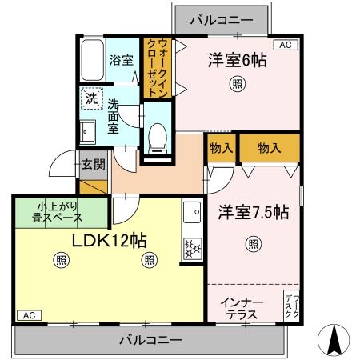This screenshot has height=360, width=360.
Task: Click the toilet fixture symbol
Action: pyautogui.click(x=158, y=137)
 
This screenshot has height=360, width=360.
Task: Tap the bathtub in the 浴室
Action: pyautogui.click(x=90, y=59)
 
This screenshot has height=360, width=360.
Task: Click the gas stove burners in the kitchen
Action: pyautogui.click(x=192, y=249)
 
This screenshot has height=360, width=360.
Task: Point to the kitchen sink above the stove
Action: pyautogui.click(x=191, y=214)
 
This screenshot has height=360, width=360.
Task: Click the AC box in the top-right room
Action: pyautogui.click(x=285, y=45)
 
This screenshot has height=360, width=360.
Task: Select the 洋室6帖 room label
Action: pyautogui.click(x=238, y=59)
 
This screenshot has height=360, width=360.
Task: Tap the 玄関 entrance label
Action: pyautogui.click(x=93, y=165)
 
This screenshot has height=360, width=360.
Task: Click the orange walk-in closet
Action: pyautogui.click(x=157, y=67)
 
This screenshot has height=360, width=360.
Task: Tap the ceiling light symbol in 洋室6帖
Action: pyautogui.click(x=238, y=82)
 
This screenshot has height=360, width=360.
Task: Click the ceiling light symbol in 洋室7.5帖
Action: pyautogui.click(x=253, y=244)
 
